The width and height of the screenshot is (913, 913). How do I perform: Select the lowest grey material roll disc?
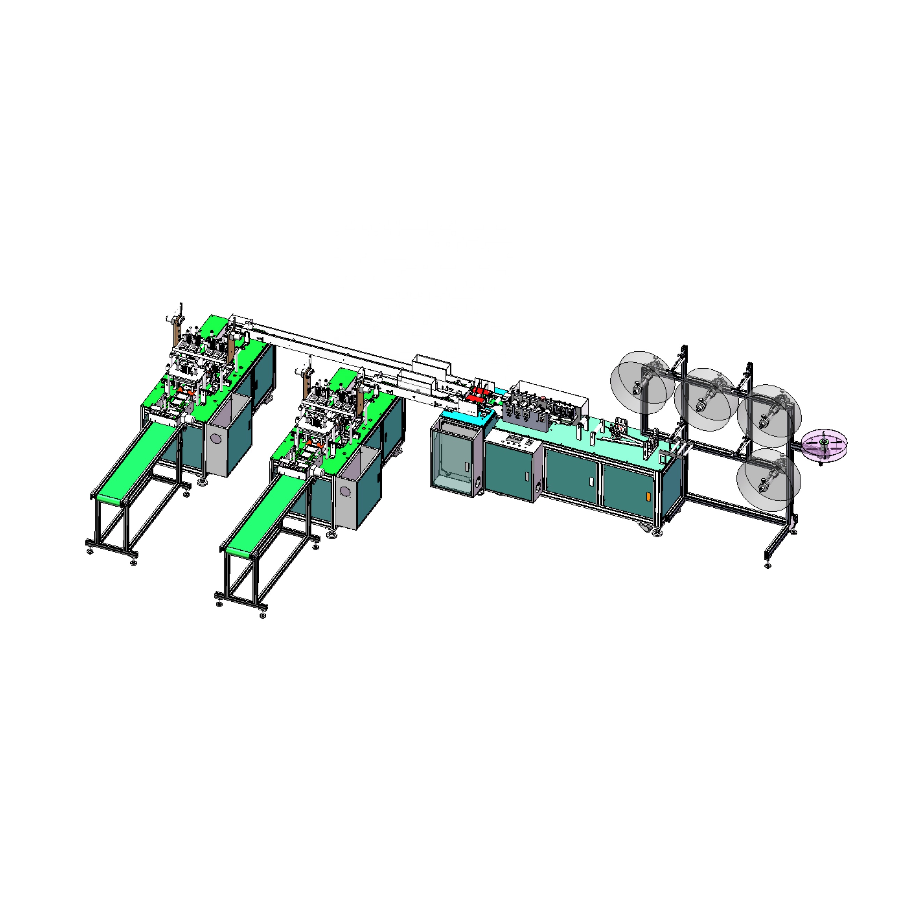[768, 480]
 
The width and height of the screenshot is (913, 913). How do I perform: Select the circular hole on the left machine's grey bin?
[216, 439]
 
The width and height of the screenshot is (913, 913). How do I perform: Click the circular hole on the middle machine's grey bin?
[346, 492]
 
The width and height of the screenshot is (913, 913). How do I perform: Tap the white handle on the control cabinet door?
[527, 476]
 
